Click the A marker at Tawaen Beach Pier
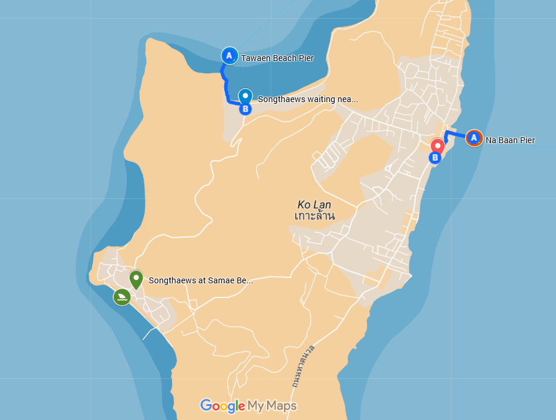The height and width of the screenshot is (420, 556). tap(229, 56)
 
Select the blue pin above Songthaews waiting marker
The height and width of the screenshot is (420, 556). tap(245, 96)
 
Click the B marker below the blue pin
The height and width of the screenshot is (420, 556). tap(245, 109)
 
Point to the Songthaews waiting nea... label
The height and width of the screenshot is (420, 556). tap(308, 100)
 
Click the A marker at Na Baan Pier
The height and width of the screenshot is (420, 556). tap(473, 138)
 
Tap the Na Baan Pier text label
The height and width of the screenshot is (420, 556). tap(510, 141)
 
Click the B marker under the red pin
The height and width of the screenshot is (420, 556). tap(435, 158)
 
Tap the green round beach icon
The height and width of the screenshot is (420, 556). tap(122, 297)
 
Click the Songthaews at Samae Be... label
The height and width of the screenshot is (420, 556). tap(201, 281)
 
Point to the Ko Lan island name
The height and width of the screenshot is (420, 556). tap(314, 205)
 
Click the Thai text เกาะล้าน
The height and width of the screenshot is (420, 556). tap(315, 216)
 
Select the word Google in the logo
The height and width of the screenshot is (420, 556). tap(223, 405)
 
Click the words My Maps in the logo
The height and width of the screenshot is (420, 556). tap(272, 405)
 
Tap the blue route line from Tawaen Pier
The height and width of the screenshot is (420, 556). tap(225, 83)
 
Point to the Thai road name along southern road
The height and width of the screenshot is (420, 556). tap(302, 367)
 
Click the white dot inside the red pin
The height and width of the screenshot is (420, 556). tap(437, 144)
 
